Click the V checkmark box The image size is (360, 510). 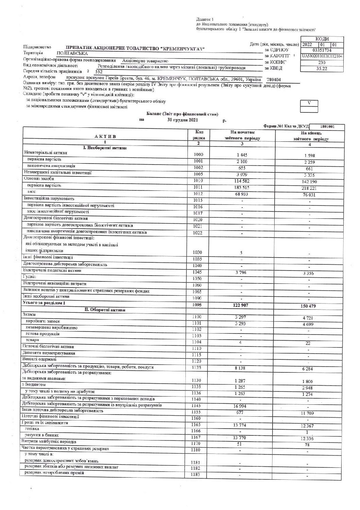click(x=309, y=103)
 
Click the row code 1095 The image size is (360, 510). click(x=197, y=305)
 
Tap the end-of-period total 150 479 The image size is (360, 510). click(x=308, y=306)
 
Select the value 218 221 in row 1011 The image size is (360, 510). click(x=308, y=188)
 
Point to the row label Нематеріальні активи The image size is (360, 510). click(x=46, y=153)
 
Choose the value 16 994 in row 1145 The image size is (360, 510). click(x=240, y=406)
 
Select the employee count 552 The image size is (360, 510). click(x=99, y=72)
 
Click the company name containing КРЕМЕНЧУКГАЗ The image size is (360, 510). click(x=135, y=48)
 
